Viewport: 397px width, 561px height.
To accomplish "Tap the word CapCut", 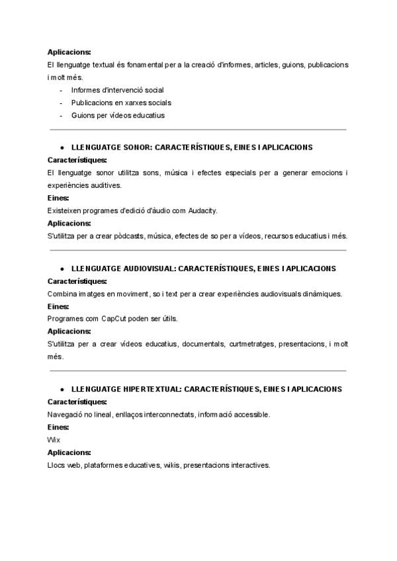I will (x=114, y=318).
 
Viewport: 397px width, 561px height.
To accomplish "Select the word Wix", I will (x=53, y=440).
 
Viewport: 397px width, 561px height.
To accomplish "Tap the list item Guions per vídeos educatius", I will (x=109, y=115).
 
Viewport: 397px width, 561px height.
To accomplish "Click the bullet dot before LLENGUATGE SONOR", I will (x=62, y=148).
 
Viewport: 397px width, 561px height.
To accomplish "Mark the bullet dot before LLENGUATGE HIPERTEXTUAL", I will (x=62, y=389).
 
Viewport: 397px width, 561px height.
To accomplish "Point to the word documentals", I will (x=203, y=344).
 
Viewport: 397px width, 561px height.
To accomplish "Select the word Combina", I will (x=62, y=293).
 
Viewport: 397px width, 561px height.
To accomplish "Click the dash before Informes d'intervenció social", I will (x=62, y=90).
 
